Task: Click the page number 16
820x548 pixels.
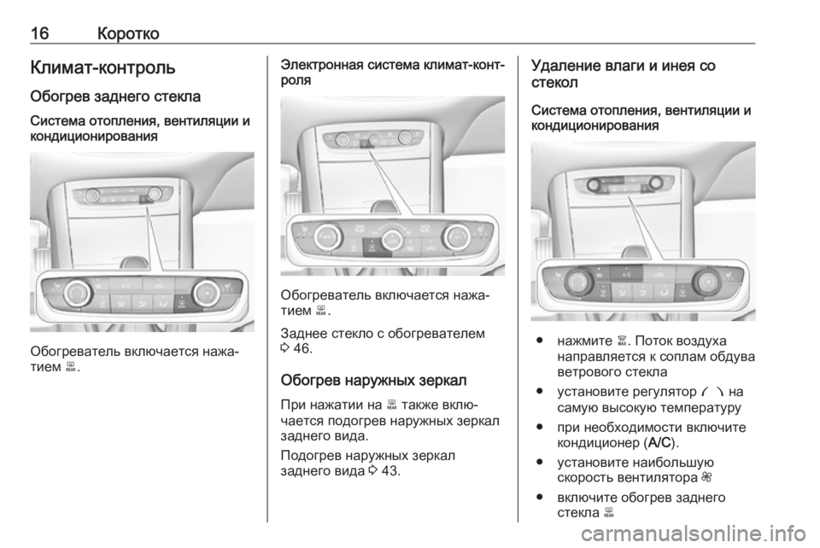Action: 40,33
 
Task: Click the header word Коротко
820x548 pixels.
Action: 128,33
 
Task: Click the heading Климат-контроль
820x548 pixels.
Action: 103,67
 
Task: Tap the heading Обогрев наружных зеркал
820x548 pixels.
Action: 374,380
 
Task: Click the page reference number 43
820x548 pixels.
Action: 390,470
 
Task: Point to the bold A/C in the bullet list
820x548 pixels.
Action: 659,443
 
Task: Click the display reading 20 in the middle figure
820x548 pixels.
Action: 360,229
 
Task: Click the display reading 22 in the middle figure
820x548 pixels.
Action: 425,229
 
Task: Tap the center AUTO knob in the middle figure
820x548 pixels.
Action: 392,239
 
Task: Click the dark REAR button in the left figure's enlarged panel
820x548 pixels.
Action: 181,304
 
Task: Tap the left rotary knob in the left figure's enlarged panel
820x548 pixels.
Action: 79,293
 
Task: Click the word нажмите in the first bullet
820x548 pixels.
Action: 584,341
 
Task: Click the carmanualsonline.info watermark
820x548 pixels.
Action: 693,533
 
